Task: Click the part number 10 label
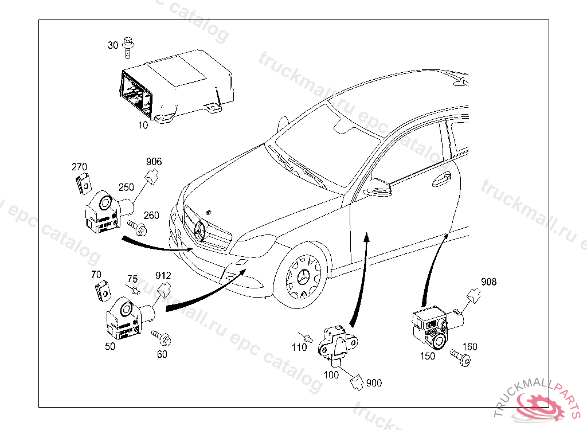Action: pyautogui.click(x=143, y=124)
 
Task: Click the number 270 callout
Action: pyautogui.click(x=80, y=167)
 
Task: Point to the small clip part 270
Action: pyautogui.click(x=83, y=183)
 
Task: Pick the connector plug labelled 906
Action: pyautogui.click(x=152, y=177)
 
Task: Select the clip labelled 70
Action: pyautogui.click(x=103, y=292)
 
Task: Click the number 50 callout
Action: pyautogui.click(x=109, y=346)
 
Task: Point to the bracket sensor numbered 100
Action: pyautogui.click(x=336, y=342)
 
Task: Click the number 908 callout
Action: pyautogui.click(x=488, y=282)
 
